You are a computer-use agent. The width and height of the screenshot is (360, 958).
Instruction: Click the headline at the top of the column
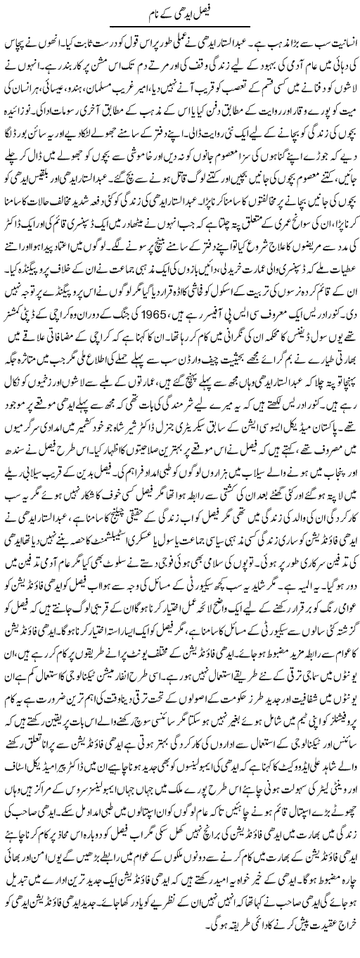181,13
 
